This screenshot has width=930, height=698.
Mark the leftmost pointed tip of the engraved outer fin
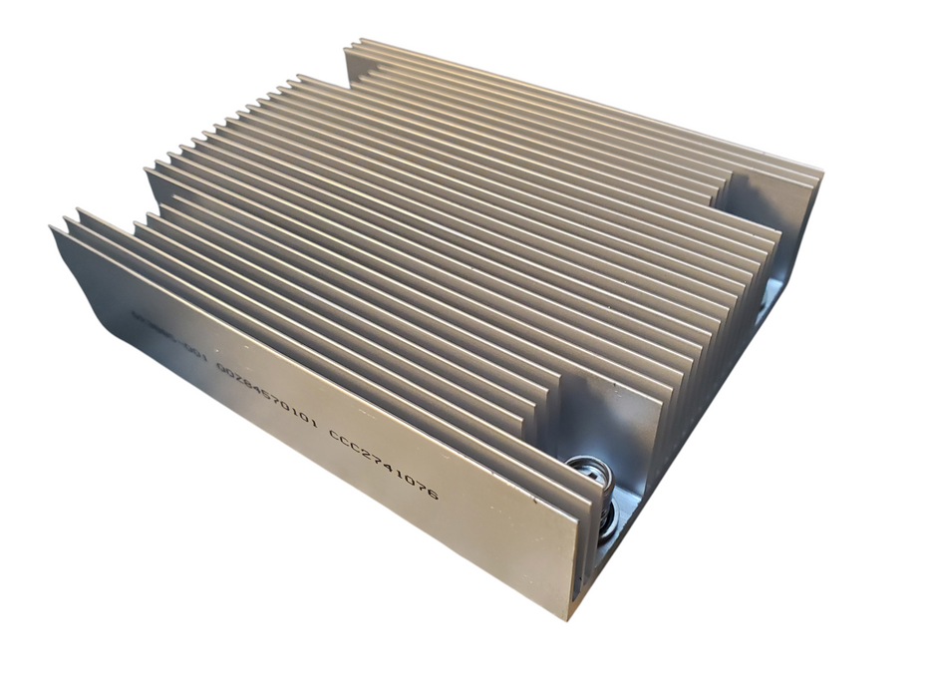click(x=52, y=230)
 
